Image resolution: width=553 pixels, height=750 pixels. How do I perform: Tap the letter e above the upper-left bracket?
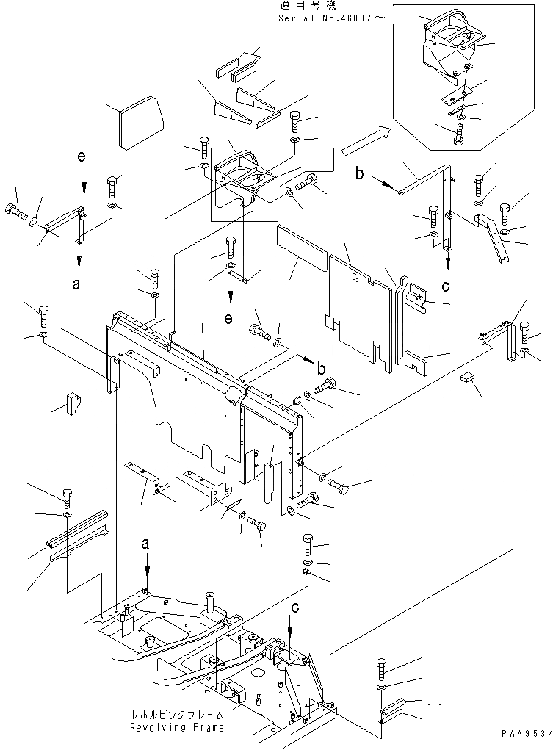click(82, 157)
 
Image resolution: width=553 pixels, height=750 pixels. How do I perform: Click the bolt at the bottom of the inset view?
click(459, 135)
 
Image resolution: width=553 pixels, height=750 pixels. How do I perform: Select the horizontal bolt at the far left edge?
click(14, 214)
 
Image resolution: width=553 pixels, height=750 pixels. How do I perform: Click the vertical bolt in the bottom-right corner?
click(380, 668)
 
